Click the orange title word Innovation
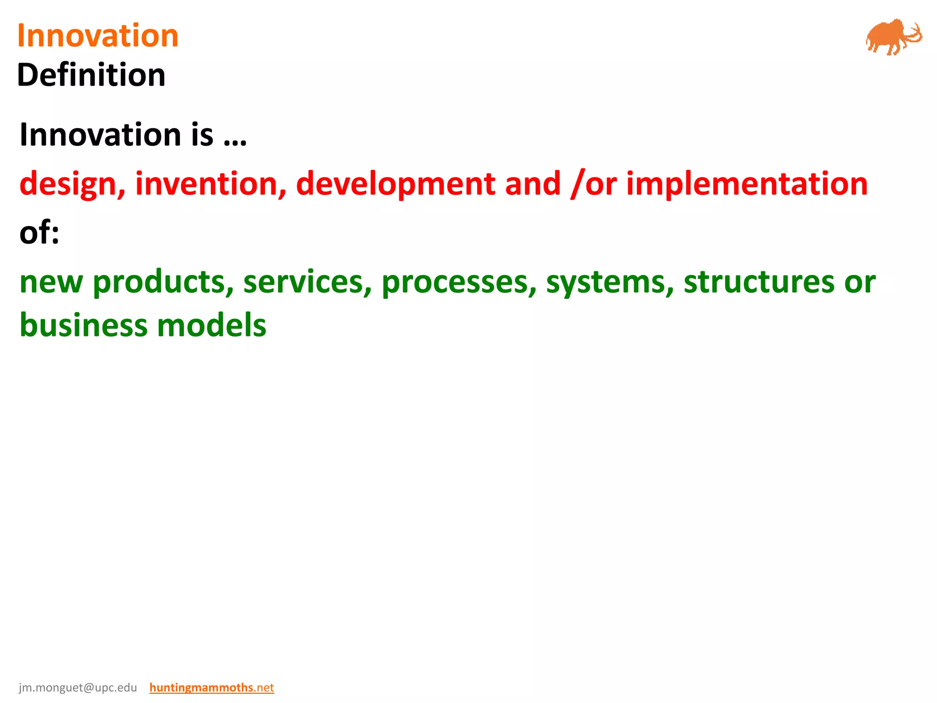tap(97, 36)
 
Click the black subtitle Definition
tap(91, 75)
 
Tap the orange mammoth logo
tap(893, 37)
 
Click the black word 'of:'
tap(39, 233)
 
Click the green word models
tap(211, 325)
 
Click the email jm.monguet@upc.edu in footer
tap(78, 687)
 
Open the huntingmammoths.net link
tap(211, 687)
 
